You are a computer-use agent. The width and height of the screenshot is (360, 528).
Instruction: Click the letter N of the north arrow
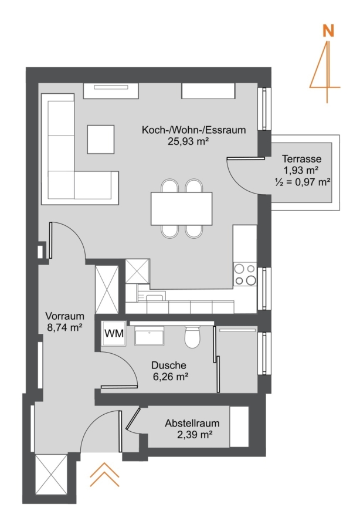coord(328,31)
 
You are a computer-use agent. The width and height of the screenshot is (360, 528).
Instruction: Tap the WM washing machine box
coord(114,334)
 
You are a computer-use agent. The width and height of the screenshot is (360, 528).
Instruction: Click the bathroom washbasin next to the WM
coord(150,336)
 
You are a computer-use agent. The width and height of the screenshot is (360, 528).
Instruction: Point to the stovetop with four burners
coord(245,274)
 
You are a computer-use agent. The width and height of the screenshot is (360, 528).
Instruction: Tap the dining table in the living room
coord(182,208)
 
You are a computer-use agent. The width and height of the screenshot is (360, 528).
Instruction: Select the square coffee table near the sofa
coord(101,140)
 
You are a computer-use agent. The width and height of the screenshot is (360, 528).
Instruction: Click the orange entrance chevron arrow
coord(104,475)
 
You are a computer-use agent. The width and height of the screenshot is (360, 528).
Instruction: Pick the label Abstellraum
coord(192,423)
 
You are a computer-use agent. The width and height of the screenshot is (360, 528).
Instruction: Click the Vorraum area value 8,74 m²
coord(65,327)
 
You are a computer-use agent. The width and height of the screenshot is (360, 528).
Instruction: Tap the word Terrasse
coord(302,158)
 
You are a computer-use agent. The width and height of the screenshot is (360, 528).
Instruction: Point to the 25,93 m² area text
coord(188,141)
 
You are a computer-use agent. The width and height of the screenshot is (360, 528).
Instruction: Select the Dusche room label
coord(168,365)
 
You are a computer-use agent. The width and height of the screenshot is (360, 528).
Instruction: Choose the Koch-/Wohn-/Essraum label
coord(194,130)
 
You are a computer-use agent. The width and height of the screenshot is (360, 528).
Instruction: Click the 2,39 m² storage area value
coord(195,435)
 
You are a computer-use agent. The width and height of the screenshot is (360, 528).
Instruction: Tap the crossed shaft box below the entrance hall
coord(51,475)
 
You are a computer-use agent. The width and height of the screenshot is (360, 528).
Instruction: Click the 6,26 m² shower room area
coord(171,377)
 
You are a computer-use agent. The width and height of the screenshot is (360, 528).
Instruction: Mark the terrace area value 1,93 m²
coord(301,170)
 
